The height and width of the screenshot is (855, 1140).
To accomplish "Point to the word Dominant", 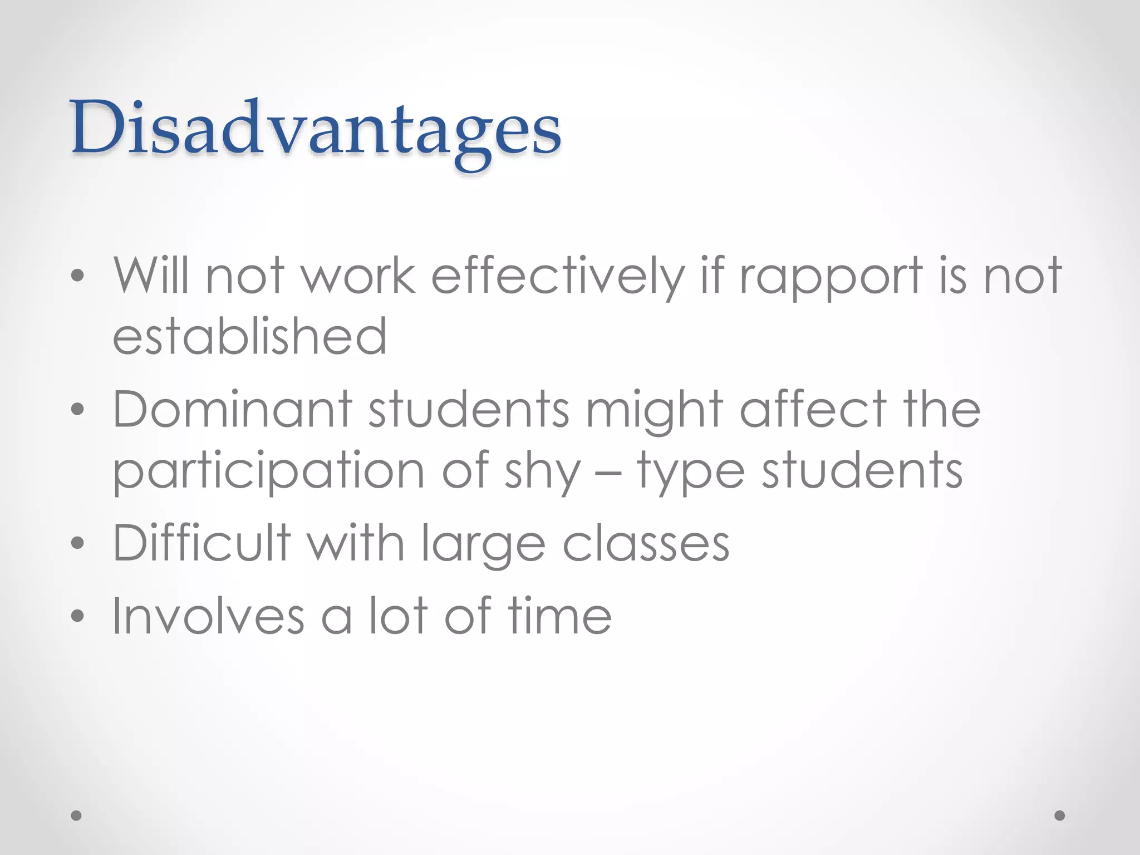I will (x=233, y=410).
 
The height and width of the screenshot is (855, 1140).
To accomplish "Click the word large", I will (x=483, y=544).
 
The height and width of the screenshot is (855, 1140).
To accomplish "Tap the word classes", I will (x=646, y=543).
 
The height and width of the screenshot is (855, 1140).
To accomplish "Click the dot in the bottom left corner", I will (x=77, y=815).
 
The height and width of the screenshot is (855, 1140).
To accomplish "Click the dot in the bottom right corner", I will (x=1060, y=815).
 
